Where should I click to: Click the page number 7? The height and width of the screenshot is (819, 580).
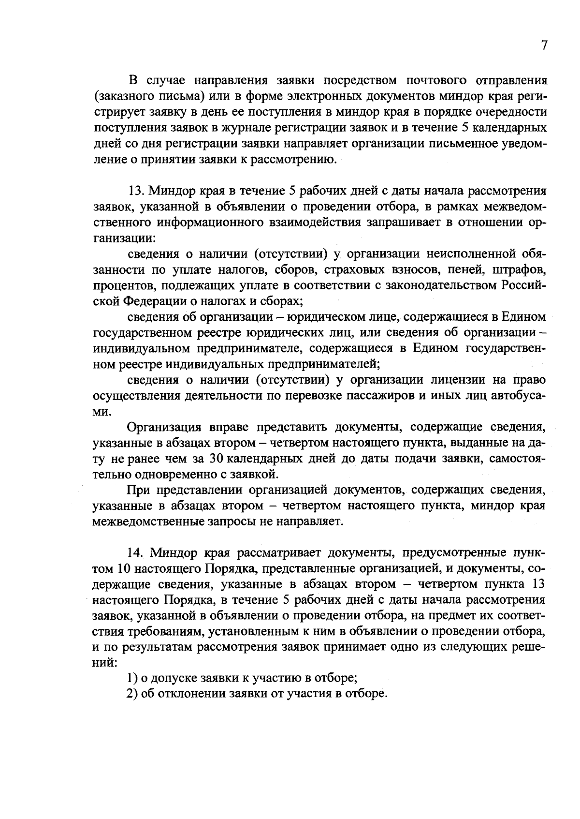pos(544,45)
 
